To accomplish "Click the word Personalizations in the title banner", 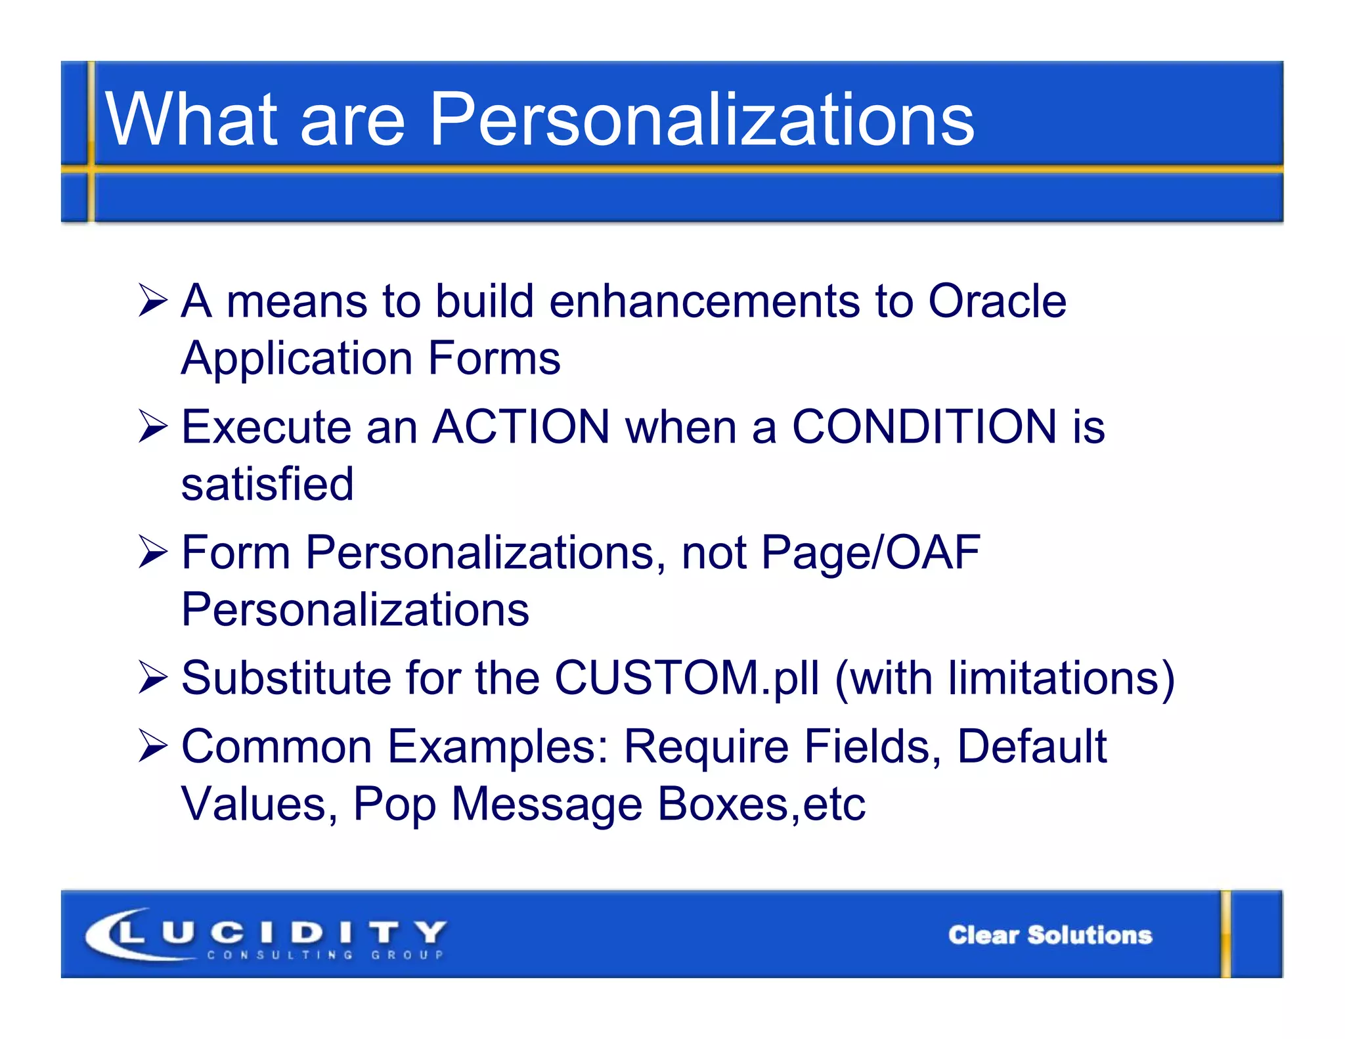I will (701, 120).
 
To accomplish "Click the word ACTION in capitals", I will (521, 427).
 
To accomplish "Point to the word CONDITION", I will (924, 427).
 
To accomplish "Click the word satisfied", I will (267, 484).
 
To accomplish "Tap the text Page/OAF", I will (870, 552).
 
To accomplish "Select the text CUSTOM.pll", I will (686, 678).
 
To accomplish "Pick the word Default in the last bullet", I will (1032, 747).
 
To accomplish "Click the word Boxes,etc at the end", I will (761, 804).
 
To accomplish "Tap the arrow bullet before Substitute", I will (153, 678).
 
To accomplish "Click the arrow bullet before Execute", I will (153, 428).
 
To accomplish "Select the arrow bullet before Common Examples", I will (153, 747).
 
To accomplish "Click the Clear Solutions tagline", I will (1049, 935).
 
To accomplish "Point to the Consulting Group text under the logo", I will (326, 955).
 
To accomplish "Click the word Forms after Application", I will (494, 359).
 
